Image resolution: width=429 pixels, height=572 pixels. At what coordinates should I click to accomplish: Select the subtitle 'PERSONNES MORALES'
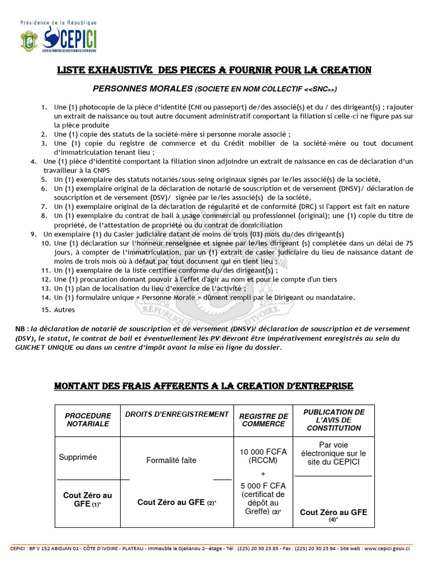click(142, 88)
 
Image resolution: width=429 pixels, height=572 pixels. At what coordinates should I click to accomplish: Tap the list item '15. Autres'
click(65, 309)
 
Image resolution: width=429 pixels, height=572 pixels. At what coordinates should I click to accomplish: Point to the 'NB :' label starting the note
click(22, 328)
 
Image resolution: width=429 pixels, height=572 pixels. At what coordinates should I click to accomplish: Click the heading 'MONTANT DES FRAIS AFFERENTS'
click(203, 386)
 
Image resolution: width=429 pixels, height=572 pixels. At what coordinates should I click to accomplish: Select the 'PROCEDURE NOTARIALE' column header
click(88, 420)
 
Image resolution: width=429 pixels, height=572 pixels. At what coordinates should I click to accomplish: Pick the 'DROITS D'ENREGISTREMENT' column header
click(177, 414)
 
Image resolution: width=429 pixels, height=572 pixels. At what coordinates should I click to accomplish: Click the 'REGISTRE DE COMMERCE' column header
click(263, 420)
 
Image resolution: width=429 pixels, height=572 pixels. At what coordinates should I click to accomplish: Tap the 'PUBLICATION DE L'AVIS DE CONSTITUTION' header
click(333, 420)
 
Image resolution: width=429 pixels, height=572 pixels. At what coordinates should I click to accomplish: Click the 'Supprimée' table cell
click(78, 457)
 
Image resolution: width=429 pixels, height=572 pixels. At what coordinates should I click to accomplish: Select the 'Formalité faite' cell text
click(171, 461)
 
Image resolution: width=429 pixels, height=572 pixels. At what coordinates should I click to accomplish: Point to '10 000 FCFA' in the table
click(263, 451)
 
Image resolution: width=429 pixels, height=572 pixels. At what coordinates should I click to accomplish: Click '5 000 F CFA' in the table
click(263, 485)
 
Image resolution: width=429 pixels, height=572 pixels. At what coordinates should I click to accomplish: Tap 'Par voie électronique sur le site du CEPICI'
click(333, 453)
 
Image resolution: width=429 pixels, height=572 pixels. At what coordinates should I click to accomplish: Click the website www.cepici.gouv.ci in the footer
click(383, 549)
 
